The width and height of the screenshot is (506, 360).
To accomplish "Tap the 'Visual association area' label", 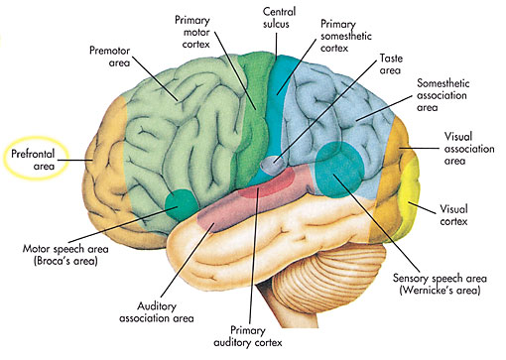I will coord(464,151).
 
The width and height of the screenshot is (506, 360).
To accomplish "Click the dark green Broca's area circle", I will coord(181,205).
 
